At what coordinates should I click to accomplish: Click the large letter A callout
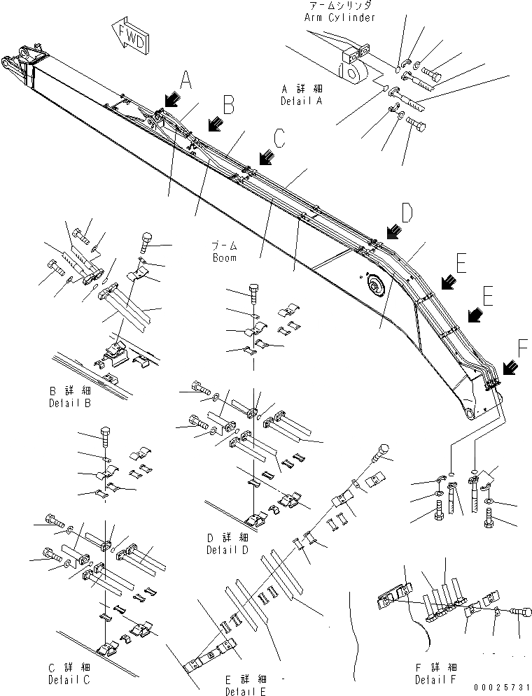[185, 80]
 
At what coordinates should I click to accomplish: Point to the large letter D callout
[408, 211]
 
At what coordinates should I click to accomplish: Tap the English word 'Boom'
[225, 257]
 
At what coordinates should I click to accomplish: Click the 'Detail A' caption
[301, 101]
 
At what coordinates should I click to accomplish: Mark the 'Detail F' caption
[437, 679]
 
